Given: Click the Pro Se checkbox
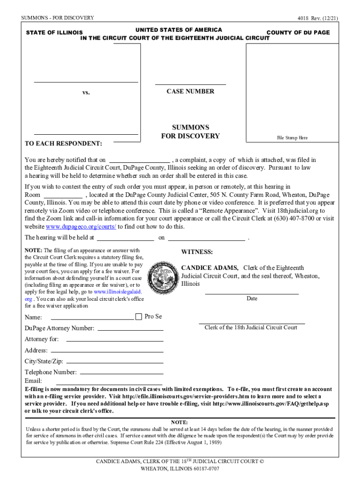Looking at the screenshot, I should point(138,317).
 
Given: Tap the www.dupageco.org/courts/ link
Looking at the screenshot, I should point(81,227).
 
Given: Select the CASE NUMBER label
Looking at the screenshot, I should point(190,92).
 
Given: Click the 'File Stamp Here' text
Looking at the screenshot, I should point(292,138).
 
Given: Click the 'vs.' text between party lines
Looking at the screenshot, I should point(86,93).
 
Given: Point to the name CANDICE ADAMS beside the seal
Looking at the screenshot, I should point(209,268).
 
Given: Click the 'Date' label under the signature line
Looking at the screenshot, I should point(252,298).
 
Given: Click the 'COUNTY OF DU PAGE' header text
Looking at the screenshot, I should point(298,33).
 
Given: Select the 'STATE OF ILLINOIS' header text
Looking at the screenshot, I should point(55,33).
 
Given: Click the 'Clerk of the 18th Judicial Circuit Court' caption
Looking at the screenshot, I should point(251,327).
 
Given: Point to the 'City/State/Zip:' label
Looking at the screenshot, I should point(44,362).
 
